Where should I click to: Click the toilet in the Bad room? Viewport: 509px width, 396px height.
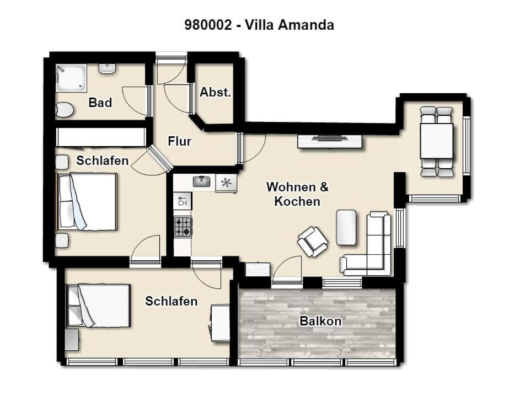click(65, 110)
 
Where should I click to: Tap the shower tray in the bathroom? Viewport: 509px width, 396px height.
click(71, 78)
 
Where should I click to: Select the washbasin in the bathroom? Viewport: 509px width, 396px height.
click(107, 68)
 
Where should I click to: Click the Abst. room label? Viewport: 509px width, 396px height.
click(215, 92)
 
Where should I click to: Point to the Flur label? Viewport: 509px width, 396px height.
click(180, 141)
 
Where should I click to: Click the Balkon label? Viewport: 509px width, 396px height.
click(320, 321)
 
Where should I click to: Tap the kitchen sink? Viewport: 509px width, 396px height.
click(202, 181)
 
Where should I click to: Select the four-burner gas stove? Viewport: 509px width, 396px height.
click(183, 227)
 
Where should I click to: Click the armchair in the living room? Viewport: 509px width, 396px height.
click(313, 242)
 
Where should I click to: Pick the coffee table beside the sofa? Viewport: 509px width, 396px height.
click(346, 227)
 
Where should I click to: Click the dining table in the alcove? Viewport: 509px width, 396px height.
click(437, 141)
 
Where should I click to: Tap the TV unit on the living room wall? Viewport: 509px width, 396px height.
click(330, 141)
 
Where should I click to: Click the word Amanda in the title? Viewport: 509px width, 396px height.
click(307, 25)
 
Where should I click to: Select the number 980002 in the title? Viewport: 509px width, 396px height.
click(208, 25)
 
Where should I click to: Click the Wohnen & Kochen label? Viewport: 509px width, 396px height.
click(297, 194)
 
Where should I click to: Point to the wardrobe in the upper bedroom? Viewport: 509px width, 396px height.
click(101, 137)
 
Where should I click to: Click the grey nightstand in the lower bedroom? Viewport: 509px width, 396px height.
click(72, 340)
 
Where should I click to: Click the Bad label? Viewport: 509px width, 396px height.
click(100, 103)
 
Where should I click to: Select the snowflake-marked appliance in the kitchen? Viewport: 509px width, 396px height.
click(226, 184)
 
